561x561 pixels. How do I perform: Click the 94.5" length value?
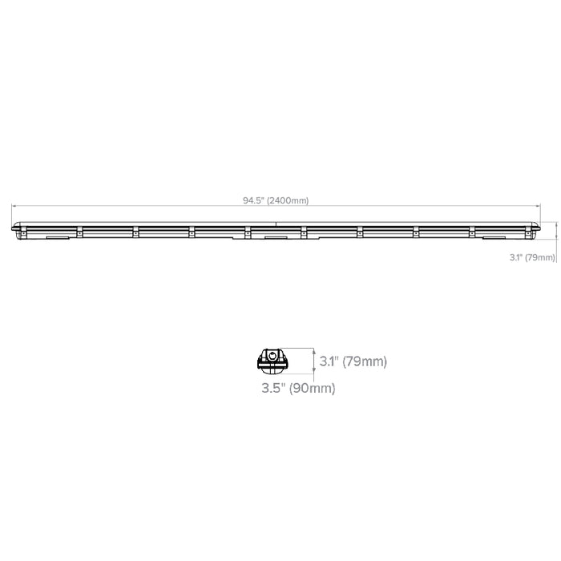(x=254, y=200)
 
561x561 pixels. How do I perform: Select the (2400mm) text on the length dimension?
(x=288, y=200)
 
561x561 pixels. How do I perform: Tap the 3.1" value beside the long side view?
(x=516, y=257)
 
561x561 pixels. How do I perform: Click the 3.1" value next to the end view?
(x=329, y=361)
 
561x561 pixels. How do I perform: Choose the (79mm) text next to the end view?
(x=365, y=361)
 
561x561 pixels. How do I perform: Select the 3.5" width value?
(x=273, y=388)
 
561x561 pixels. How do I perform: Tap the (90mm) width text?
(x=312, y=388)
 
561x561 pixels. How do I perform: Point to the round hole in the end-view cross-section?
(x=272, y=355)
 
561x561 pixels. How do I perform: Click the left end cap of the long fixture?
(x=14, y=228)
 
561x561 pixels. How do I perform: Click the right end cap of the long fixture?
(x=538, y=228)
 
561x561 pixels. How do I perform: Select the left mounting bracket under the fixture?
(x=57, y=237)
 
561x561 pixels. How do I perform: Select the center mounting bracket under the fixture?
(x=276, y=237)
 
